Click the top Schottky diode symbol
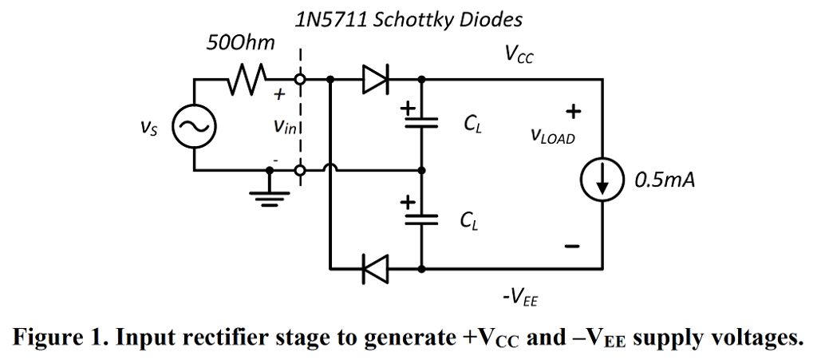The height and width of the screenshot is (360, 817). click(x=374, y=80)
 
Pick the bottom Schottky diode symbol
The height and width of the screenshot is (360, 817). click(x=374, y=269)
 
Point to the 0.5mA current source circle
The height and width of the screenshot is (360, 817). click(x=602, y=180)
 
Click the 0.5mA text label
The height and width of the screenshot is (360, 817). click(x=665, y=180)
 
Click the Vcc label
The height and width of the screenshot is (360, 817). click(x=519, y=54)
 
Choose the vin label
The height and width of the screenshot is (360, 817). click(x=285, y=125)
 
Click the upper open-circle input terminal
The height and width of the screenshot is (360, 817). click(x=300, y=80)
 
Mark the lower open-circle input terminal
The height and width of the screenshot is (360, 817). click(x=300, y=170)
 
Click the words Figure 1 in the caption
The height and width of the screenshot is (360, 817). click(x=57, y=338)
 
